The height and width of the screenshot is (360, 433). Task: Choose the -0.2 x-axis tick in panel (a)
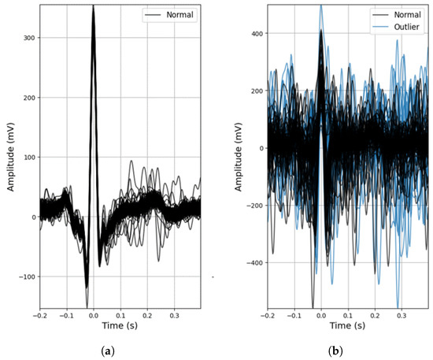pos(39,314)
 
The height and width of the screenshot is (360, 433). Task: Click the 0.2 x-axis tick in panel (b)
pos(375,314)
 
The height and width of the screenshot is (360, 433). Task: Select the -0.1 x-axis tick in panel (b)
pos(294,314)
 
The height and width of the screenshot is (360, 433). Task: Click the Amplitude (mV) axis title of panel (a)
pos(9,156)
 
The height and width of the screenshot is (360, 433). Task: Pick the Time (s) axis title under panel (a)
pos(119,325)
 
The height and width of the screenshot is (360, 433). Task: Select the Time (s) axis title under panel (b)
pos(348,325)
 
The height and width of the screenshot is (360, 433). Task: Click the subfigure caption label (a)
pos(119,351)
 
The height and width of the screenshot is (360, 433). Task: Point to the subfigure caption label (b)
pos(347,351)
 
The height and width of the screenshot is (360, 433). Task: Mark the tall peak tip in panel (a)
pos(93,6)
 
